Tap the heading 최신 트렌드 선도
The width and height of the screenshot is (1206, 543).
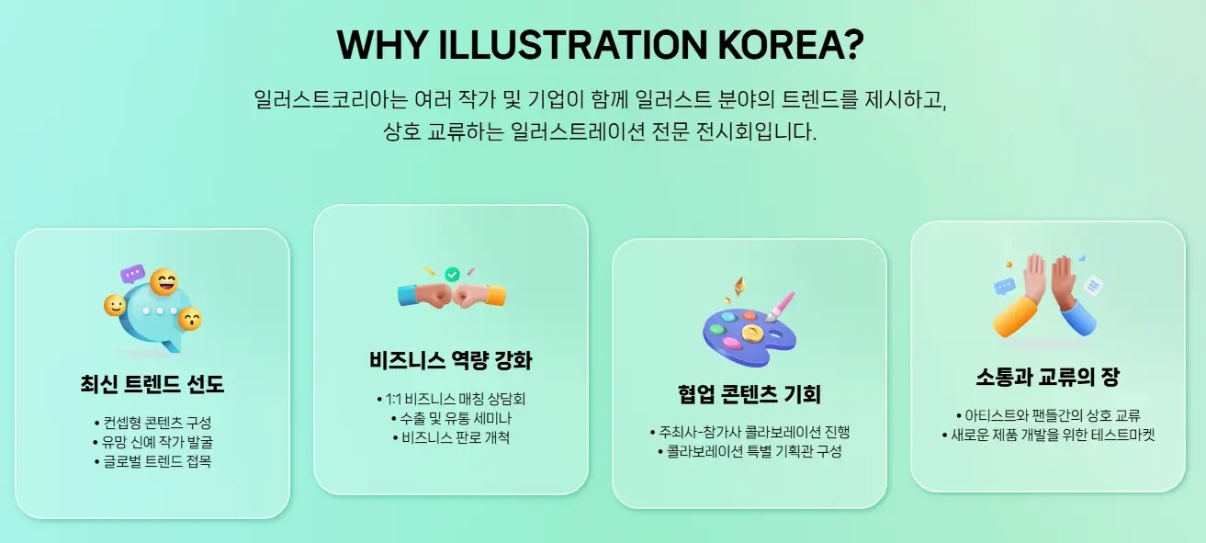point(152,384)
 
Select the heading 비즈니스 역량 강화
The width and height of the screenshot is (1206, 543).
point(450,360)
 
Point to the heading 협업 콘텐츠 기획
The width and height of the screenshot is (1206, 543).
point(749,394)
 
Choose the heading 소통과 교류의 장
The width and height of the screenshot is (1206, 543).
point(1047,376)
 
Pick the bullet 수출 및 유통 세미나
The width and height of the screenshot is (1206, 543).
point(450,418)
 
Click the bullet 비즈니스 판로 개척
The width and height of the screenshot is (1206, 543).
point(450,437)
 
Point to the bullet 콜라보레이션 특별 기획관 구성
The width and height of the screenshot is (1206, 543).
point(749,451)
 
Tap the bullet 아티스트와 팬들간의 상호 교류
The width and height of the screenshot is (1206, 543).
point(1047,415)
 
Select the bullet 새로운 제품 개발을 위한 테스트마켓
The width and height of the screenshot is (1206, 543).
point(1047,435)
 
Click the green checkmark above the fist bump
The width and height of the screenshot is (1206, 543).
point(452,275)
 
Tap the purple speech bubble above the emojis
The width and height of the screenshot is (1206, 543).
point(133,274)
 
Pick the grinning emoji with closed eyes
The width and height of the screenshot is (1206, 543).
point(164,282)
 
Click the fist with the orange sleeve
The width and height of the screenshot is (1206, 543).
point(480,295)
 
